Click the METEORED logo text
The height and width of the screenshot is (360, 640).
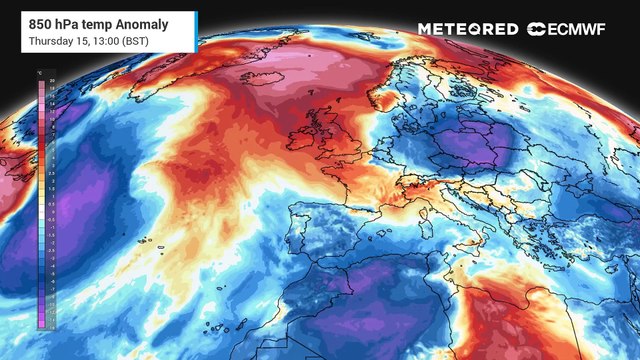[x=468, y=29]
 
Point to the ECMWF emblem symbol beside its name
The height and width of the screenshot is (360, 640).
[x=536, y=29]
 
